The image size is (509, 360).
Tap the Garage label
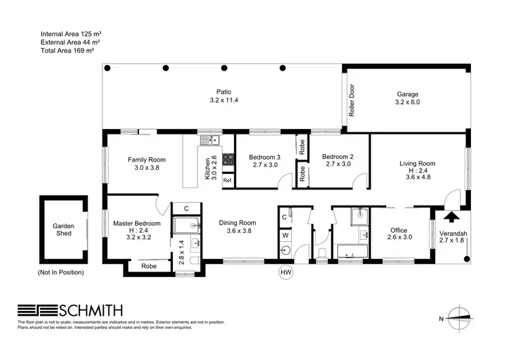click(x=407, y=94)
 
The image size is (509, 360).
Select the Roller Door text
click(x=352, y=100)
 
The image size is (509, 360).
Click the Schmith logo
click(x=64, y=309)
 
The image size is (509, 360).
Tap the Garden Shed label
click(x=63, y=230)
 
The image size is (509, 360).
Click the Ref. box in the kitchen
click(x=227, y=181)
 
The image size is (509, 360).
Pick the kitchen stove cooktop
click(x=228, y=161)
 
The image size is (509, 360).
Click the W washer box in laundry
click(x=286, y=234)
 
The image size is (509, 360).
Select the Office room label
click(x=398, y=230)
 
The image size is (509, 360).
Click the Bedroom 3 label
click(x=263, y=155)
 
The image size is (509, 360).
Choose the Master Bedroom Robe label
click(x=149, y=266)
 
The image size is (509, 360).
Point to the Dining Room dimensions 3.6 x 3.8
click(x=238, y=230)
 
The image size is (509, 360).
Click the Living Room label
click(x=417, y=163)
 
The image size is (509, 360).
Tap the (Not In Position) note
click(x=61, y=272)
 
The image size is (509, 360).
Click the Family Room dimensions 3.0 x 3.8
click(x=147, y=168)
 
